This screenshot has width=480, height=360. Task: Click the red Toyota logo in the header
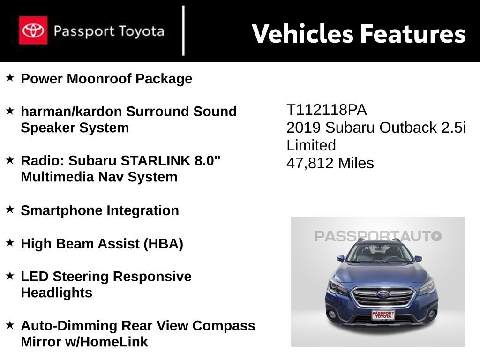pos(33,30)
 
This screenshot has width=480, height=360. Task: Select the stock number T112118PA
pos(326,110)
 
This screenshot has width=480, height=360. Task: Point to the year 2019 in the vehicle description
pos(304,128)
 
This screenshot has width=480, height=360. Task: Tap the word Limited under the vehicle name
pos(311,146)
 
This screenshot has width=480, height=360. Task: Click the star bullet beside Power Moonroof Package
pos(10,77)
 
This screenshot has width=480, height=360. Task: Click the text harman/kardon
pos(71,112)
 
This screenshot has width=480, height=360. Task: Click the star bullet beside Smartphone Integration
pos(10,209)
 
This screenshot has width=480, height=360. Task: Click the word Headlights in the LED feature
pos(56,293)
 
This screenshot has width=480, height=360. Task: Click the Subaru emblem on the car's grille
pos(383,294)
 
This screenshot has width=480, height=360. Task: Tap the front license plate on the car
pos(383,315)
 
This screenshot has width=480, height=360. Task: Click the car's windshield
pos(379,254)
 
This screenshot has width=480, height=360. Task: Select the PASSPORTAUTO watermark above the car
pos(378,236)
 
